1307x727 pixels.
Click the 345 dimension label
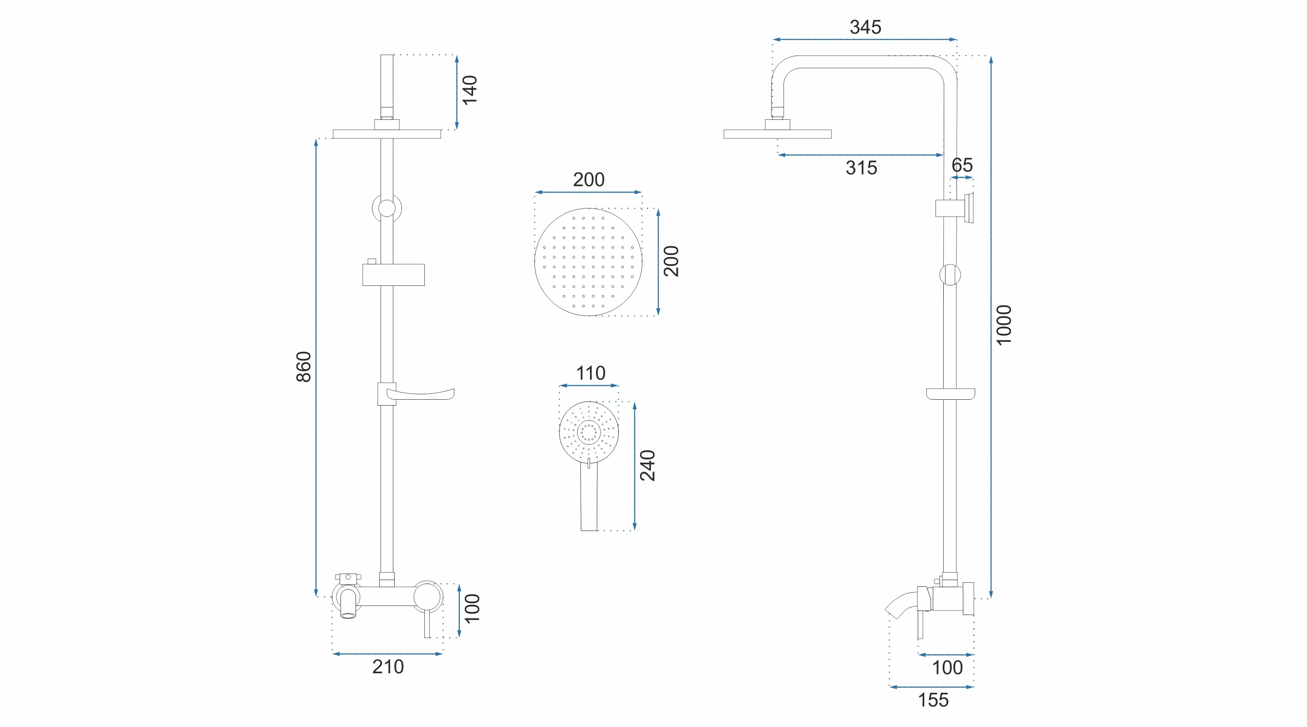click(x=865, y=27)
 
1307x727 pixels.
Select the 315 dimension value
click(x=861, y=168)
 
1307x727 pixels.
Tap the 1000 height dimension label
click(x=1004, y=325)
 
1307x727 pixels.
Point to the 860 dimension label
click(x=303, y=366)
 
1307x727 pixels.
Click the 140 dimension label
click(x=470, y=90)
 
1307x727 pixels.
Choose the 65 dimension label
click(x=961, y=165)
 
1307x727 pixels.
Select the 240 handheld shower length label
click(x=647, y=465)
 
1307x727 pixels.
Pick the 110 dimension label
click(x=590, y=373)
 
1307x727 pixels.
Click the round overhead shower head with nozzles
click(x=588, y=262)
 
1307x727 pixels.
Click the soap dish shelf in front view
click(x=424, y=394)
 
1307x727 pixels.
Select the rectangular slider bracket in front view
click(x=393, y=275)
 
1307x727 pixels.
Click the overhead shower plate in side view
click(x=777, y=134)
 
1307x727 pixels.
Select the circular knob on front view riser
click(x=387, y=208)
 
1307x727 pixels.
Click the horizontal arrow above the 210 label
click(x=387, y=654)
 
